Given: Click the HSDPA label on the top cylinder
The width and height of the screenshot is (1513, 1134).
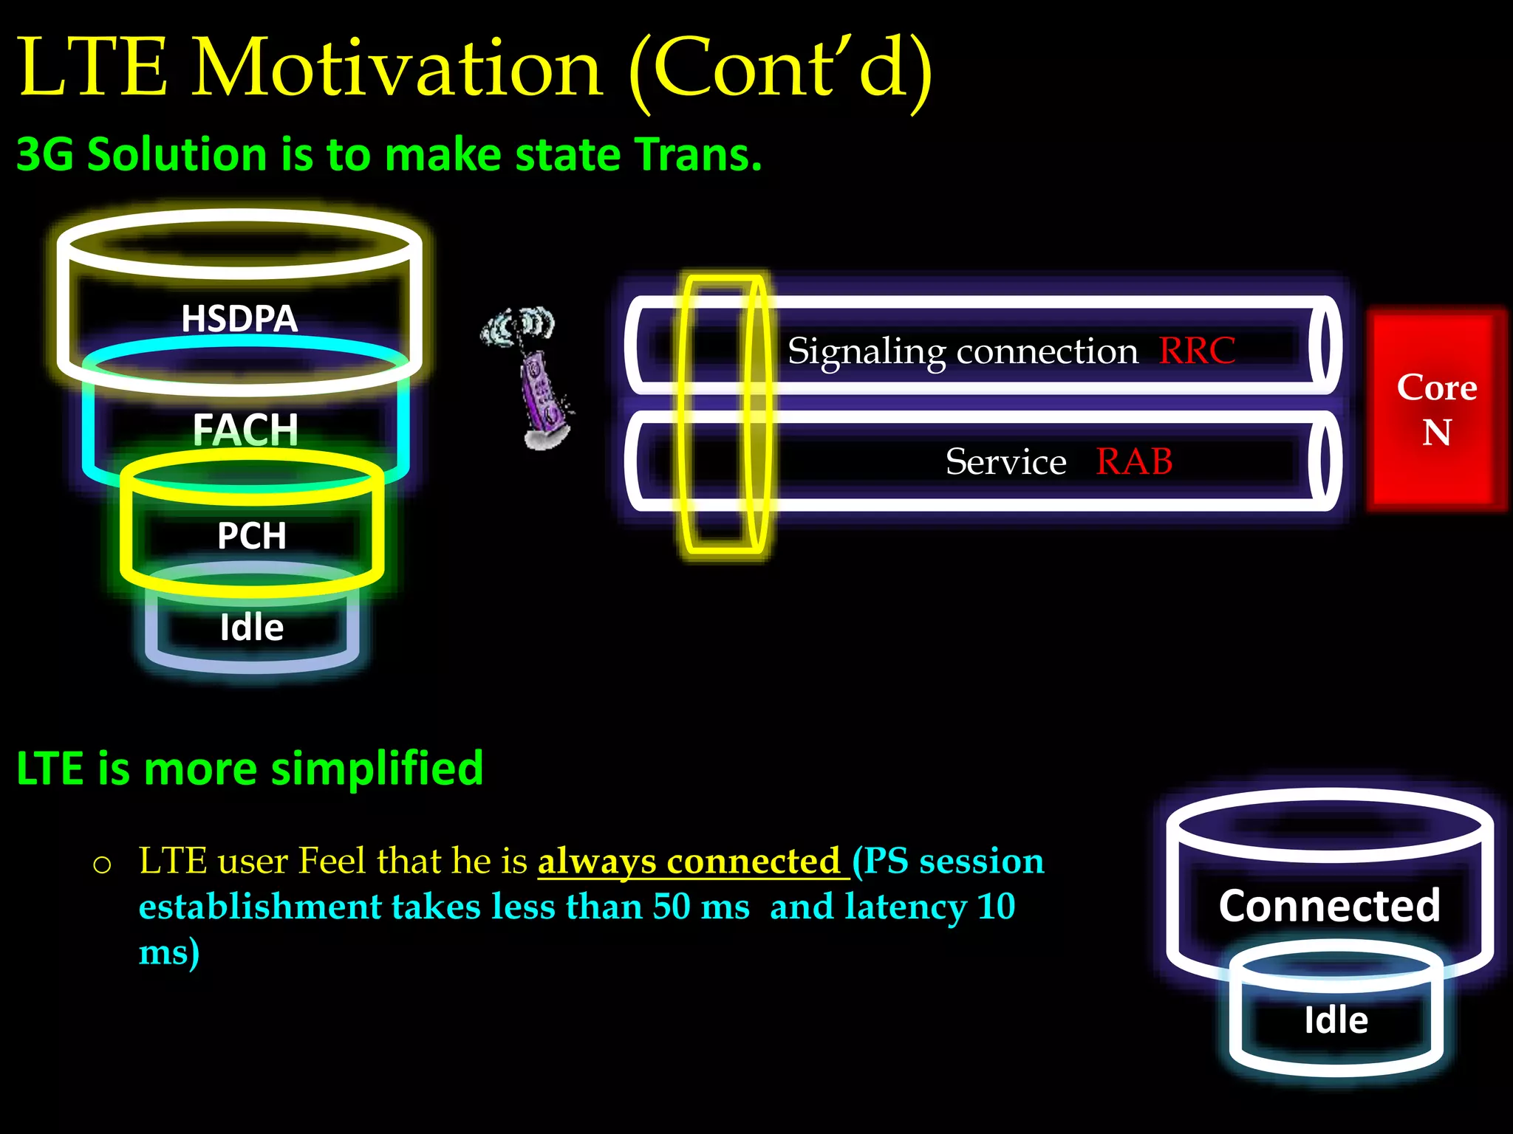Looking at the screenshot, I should point(239,319).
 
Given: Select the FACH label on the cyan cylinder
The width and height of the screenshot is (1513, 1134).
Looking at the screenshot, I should point(245,430).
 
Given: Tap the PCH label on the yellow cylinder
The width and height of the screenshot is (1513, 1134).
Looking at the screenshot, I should point(251,536).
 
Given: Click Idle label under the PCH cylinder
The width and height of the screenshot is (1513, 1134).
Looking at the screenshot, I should point(251,628).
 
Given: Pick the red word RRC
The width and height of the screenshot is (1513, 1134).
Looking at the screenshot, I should point(1197,351).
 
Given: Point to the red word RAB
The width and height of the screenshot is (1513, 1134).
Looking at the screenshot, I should point(1134,462).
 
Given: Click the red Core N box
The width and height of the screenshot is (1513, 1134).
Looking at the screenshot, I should point(1436,410).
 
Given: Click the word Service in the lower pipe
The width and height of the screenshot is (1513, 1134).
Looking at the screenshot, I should point(1005,463).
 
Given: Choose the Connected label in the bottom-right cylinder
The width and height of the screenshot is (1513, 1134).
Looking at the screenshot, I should point(1329,906).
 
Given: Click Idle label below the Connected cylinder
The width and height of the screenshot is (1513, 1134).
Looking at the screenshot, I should point(1336,1020).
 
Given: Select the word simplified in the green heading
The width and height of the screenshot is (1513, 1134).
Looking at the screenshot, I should point(377,769).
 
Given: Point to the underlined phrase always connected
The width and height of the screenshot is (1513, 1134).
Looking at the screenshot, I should point(689,861).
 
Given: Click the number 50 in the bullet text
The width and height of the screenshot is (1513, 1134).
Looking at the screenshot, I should point(671,907).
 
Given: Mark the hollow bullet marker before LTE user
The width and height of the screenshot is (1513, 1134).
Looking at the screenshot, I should point(103,865).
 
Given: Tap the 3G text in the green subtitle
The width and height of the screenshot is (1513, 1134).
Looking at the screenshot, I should point(44,155).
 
